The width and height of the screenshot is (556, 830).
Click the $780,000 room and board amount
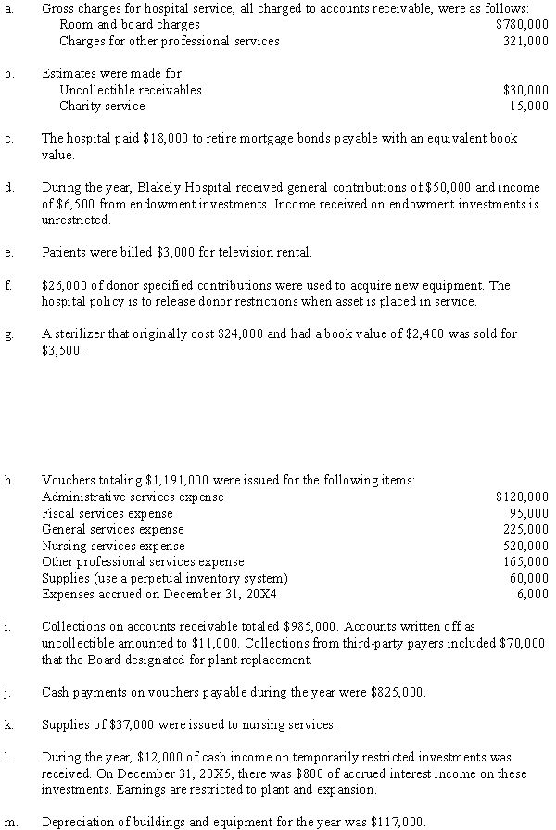point(522,24)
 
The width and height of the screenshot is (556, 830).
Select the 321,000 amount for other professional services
point(525,42)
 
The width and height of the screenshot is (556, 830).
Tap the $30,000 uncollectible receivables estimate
point(524,90)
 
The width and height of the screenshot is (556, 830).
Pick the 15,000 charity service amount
point(528,107)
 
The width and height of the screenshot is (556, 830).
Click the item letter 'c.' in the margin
point(8,139)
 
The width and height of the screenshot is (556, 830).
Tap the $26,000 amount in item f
point(63,285)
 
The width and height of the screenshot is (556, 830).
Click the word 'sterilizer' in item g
point(79,333)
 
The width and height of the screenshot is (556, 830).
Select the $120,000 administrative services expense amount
point(522,497)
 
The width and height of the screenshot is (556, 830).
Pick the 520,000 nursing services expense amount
point(525,546)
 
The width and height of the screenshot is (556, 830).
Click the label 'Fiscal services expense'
point(107,513)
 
